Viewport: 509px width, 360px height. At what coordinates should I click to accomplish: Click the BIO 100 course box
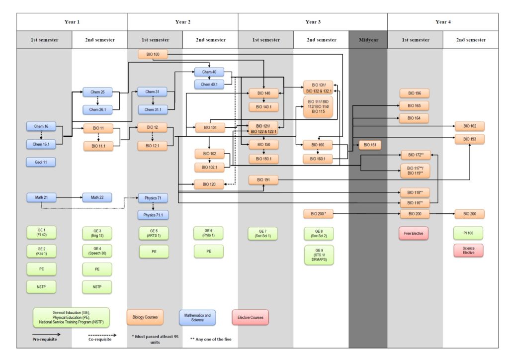pyautogui.click(x=153, y=54)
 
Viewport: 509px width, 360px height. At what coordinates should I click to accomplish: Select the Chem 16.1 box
pyautogui.click(x=41, y=144)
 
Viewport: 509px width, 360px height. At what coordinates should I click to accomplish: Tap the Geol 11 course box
pyautogui.click(x=41, y=162)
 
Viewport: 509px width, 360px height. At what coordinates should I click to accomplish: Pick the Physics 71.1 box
pyautogui.click(x=153, y=215)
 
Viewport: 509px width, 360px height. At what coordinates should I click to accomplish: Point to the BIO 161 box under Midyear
pyautogui.click(x=369, y=145)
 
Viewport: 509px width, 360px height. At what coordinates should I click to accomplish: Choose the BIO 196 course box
pyautogui.click(x=414, y=93)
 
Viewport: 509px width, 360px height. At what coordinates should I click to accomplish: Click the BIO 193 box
pyautogui.click(x=469, y=139)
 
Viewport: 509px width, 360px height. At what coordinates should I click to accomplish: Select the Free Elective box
pyautogui.click(x=414, y=233)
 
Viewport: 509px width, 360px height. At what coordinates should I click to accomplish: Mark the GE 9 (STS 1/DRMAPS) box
pyautogui.click(x=319, y=255)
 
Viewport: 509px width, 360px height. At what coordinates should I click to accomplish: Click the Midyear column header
pyautogui.click(x=368, y=40)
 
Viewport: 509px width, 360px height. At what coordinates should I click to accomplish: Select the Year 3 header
pyautogui.click(x=313, y=22)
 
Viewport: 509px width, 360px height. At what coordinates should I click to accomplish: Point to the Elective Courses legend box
pyautogui.click(x=251, y=317)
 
